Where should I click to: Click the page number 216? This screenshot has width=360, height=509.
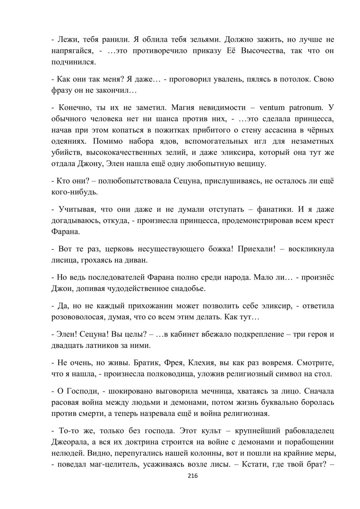[193, 476]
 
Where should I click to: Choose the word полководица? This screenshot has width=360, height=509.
[170, 374]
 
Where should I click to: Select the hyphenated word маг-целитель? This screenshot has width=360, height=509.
[112, 465]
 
